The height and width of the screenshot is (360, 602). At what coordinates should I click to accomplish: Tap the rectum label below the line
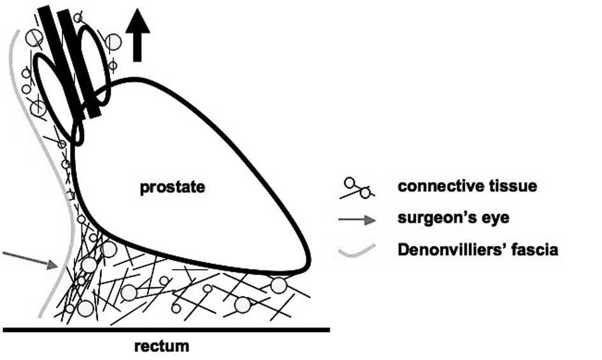(x=162, y=347)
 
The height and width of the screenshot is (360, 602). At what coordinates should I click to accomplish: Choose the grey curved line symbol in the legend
(x=355, y=250)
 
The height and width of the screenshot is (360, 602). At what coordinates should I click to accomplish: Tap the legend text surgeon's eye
(x=453, y=219)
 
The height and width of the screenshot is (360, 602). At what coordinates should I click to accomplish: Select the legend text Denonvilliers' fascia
(x=478, y=249)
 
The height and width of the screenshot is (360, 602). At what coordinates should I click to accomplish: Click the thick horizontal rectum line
(x=166, y=329)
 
